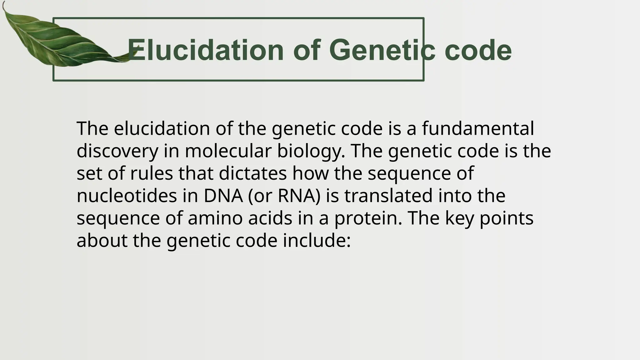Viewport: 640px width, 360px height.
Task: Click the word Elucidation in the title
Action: [x=206, y=50]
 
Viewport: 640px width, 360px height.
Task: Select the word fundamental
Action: [x=478, y=128]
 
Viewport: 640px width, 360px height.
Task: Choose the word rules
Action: [x=151, y=173]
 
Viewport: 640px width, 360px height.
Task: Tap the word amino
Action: [x=215, y=218]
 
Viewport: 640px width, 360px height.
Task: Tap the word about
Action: [x=102, y=241]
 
